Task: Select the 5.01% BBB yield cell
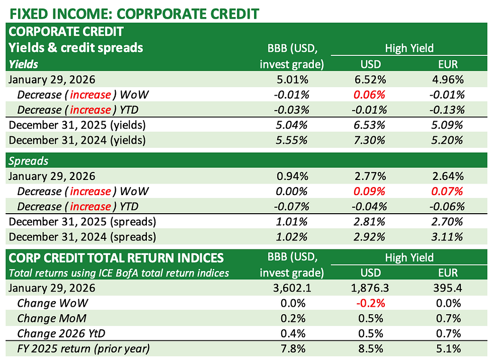pyautogui.click(x=292, y=79)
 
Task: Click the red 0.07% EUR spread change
pyautogui.click(x=448, y=192)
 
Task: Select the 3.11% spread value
pyautogui.click(x=448, y=237)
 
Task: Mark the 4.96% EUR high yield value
pyautogui.click(x=448, y=79)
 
